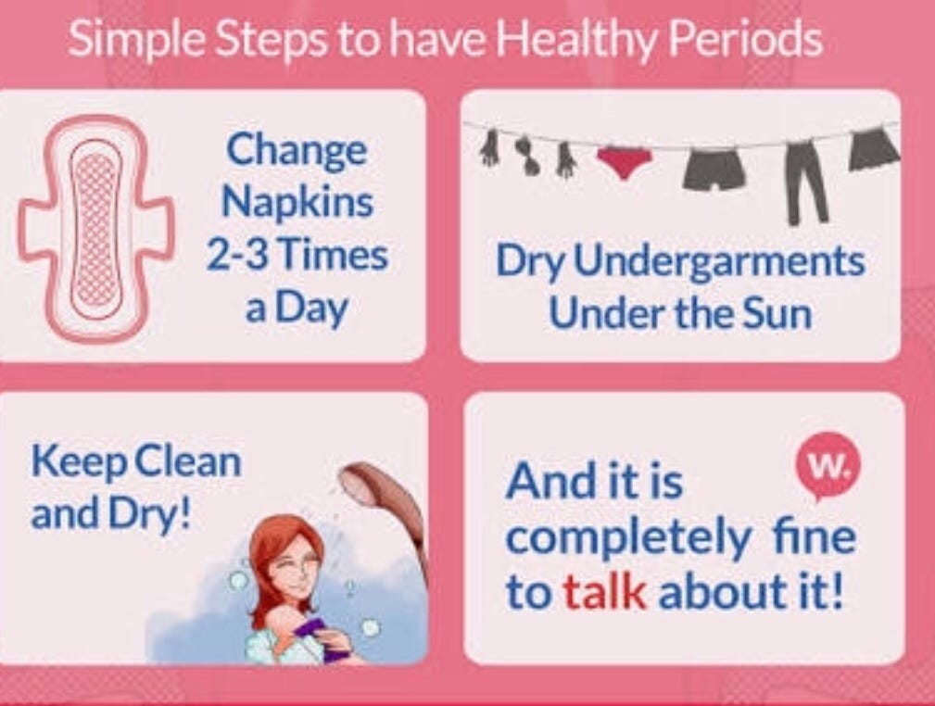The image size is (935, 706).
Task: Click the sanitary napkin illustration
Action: point(95,227)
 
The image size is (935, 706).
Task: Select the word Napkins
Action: point(297,202)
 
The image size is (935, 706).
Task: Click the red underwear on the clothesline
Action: point(625,161)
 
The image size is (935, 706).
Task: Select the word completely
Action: point(627,539)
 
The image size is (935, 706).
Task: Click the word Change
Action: point(297,150)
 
